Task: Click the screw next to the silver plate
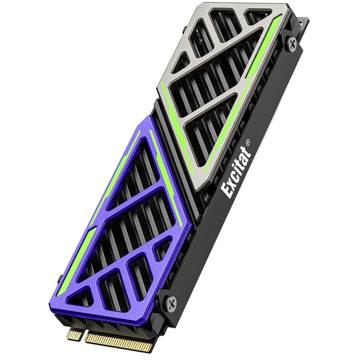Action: pos(291,43)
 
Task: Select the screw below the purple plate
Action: pos(171,301)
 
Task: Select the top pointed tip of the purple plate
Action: pos(149,116)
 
